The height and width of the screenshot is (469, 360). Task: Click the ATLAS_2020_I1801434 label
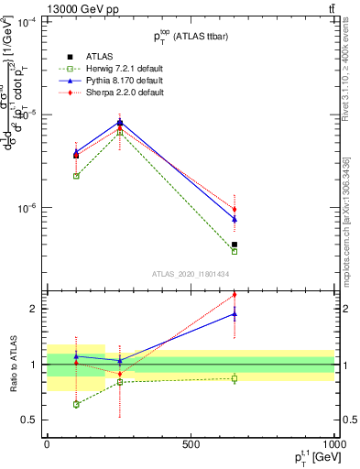(x=190, y=274)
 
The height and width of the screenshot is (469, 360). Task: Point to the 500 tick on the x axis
(x=191, y=443)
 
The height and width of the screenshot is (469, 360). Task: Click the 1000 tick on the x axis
(x=333, y=443)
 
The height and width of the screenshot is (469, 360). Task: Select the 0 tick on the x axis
(x=47, y=443)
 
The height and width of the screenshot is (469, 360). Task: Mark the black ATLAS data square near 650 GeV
(x=235, y=245)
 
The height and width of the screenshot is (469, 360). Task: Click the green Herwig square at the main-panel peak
(x=120, y=133)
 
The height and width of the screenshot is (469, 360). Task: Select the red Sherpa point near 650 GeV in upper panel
(x=235, y=210)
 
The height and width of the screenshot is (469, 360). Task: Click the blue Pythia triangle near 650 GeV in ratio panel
(x=235, y=313)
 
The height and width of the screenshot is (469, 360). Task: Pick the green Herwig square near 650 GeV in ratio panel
(x=235, y=378)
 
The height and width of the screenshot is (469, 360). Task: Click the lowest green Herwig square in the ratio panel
(x=76, y=404)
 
